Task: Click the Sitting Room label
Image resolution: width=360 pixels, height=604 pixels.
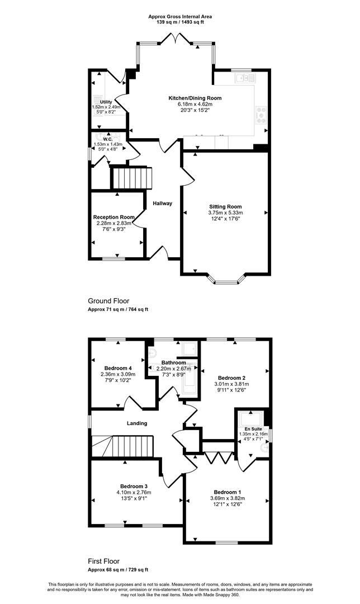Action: tap(226, 206)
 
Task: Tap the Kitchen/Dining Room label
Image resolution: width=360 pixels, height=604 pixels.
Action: tap(195, 98)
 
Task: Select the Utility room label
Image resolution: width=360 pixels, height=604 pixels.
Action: tap(106, 102)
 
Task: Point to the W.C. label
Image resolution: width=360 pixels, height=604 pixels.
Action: tap(107, 139)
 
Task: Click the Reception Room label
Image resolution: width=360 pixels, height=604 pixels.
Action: tap(114, 217)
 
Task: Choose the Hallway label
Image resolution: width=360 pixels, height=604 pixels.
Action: tap(163, 204)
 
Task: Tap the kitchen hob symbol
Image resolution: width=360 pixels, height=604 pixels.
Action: tap(260, 115)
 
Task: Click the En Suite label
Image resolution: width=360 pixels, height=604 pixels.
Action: tap(253, 429)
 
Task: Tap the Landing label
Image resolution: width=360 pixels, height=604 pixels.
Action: tap(137, 423)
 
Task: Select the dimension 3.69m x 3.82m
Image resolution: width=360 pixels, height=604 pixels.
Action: tap(228, 498)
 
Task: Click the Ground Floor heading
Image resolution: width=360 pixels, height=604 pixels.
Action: tap(108, 301)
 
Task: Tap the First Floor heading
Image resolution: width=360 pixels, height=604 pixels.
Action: tap(103, 561)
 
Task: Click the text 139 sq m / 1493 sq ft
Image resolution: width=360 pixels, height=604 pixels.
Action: tap(180, 22)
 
